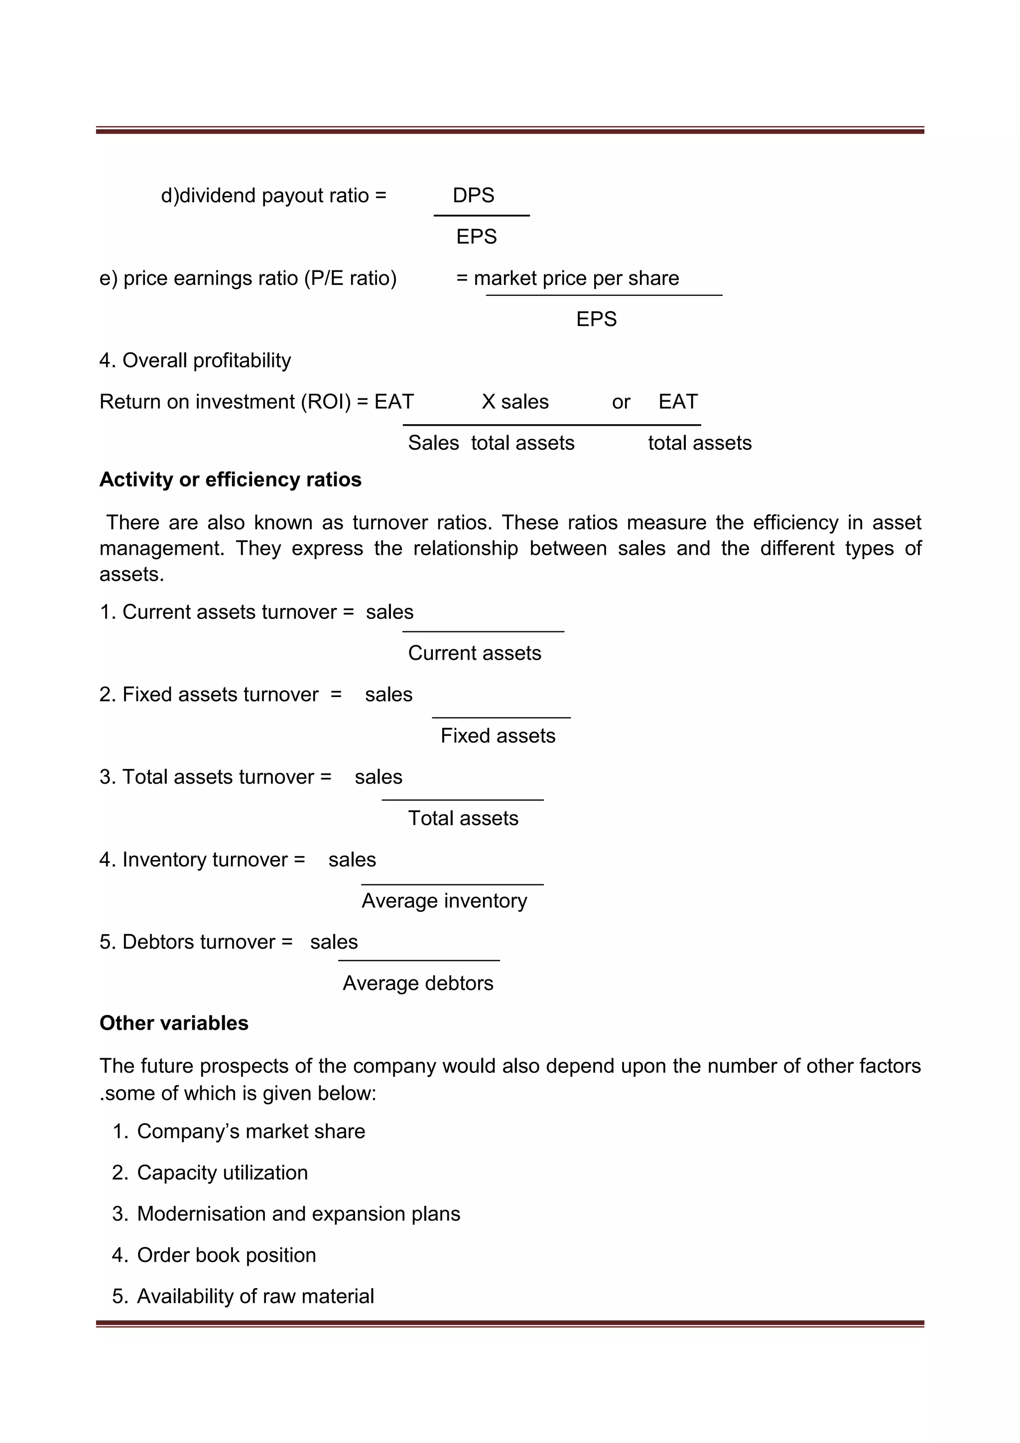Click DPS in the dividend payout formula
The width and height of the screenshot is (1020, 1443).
pyautogui.click(x=473, y=196)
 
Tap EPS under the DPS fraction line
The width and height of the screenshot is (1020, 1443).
pyautogui.click(x=476, y=237)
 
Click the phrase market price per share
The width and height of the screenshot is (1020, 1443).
pyautogui.click(x=576, y=278)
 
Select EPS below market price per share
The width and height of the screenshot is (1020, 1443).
pyautogui.click(x=597, y=319)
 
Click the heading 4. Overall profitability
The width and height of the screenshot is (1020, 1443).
pyautogui.click(x=195, y=361)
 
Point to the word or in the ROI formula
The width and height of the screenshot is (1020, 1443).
pyautogui.click(x=621, y=402)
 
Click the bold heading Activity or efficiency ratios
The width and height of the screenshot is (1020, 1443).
pyautogui.click(x=230, y=480)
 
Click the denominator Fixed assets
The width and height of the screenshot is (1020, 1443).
pyautogui.click(x=498, y=736)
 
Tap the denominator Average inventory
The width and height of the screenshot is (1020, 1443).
pyautogui.click(x=444, y=901)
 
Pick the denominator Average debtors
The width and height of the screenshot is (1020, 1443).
pyautogui.click(x=418, y=983)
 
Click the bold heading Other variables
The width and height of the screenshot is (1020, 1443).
pyautogui.click(x=174, y=1023)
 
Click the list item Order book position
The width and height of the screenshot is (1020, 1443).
pyautogui.click(x=226, y=1255)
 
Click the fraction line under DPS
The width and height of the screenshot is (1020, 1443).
pyautogui.click(x=482, y=216)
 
